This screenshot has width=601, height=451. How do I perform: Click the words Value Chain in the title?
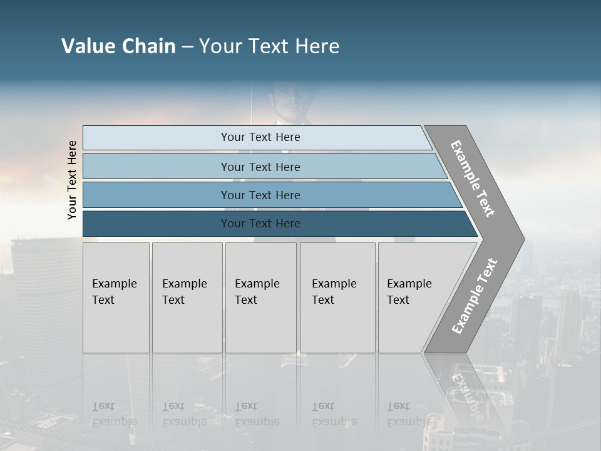(118, 46)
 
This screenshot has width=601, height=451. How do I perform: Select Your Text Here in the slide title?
(269, 46)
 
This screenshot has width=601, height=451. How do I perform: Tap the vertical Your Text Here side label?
(72, 180)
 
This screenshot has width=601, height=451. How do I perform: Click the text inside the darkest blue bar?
(260, 224)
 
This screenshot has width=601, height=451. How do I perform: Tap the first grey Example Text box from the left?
(116, 298)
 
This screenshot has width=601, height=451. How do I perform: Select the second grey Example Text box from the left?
(187, 298)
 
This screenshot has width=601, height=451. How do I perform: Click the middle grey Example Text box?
(260, 298)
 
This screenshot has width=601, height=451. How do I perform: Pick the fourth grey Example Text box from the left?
(337, 298)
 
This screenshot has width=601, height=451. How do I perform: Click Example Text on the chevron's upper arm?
(473, 179)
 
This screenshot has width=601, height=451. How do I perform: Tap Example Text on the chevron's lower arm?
(475, 296)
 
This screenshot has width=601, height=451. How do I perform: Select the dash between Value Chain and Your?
(187, 47)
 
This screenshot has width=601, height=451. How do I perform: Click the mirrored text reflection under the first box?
(115, 414)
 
